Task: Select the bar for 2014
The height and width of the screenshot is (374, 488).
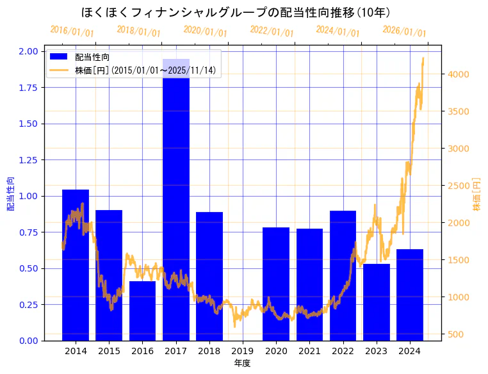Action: [x=76, y=265]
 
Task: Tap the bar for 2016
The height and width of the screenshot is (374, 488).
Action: [x=142, y=311]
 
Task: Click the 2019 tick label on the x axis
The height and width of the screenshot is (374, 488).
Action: [x=243, y=351]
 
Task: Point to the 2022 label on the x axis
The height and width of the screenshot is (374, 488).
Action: [x=343, y=351]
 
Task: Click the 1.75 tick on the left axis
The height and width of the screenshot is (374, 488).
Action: [x=28, y=88]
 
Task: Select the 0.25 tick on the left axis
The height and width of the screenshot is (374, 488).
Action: [x=28, y=305]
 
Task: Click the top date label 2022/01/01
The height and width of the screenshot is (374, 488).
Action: [x=272, y=31]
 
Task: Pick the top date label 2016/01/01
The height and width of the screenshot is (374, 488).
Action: [x=72, y=31]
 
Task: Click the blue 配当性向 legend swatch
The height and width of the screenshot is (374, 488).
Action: [x=59, y=58]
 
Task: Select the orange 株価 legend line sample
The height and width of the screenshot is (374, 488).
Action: [x=59, y=70]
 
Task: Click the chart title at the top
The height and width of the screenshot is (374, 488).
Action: [x=236, y=12]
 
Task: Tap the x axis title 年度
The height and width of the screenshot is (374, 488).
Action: [x=242, y=363]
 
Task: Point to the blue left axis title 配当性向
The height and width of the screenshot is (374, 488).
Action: [x=11, y=195]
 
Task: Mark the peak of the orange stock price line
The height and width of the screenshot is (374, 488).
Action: [x=423, y=58]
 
